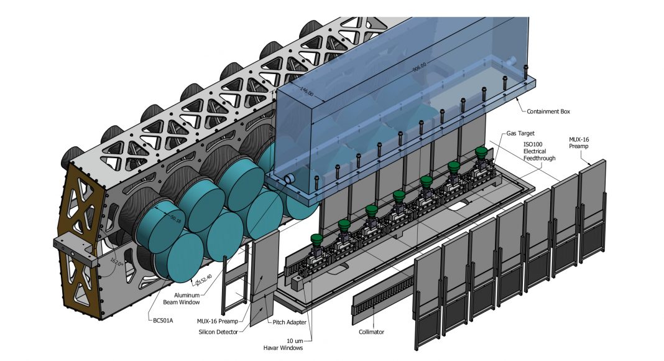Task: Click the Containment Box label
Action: point(548,111)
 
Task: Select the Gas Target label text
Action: point(520,133)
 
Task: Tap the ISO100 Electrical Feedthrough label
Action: point(539,151)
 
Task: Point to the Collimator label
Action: point(371,332)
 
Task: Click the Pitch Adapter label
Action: point(290,322)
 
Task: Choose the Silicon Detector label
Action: point(218,332)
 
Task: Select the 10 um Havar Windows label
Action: point(282,344)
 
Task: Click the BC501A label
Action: point(163,321)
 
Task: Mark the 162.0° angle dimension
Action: point(116,263)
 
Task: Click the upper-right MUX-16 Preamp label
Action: point(579,143)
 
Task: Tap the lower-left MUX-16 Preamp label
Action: point(217,321)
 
